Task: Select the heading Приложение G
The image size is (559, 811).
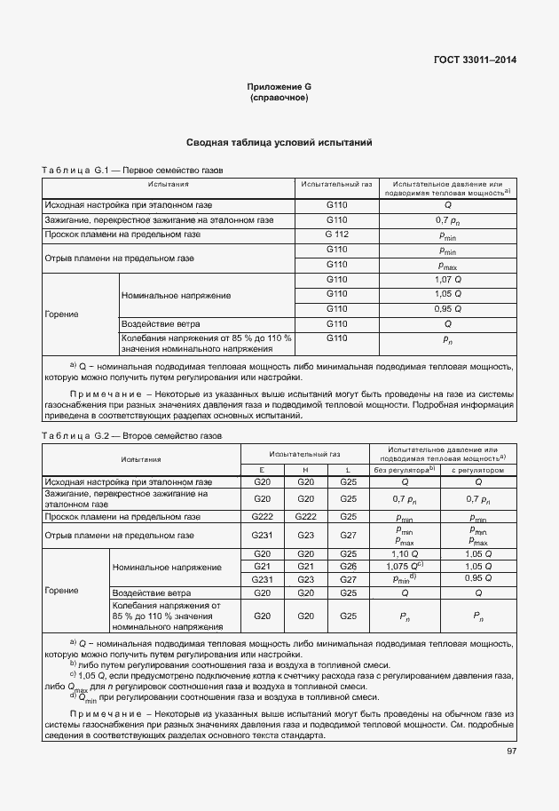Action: tap(279, 87)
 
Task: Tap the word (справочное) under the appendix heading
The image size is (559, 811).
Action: tap(279, 98)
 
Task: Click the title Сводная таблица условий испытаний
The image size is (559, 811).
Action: tap(279, 142)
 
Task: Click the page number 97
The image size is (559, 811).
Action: tap(509, 751)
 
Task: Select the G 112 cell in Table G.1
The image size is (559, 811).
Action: tap(336, 235)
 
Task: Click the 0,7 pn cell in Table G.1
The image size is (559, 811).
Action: tap(447, 219)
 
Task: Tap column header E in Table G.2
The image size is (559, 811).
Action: tap(262, 469)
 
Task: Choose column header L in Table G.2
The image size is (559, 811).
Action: tap(348, 469)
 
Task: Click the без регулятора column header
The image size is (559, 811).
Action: tap(404, 469)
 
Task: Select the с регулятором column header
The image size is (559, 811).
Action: tap(478, 469)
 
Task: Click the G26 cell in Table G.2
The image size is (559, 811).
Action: tap(348, 566)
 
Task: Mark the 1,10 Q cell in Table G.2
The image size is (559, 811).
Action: tap(404, 554)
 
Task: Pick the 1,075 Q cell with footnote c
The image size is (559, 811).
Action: tap(404, 566)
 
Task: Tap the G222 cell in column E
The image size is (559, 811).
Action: tap(262, 516)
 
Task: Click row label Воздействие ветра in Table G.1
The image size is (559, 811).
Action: tap(161, 324)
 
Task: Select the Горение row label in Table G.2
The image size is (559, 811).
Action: tap(62, 591)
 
